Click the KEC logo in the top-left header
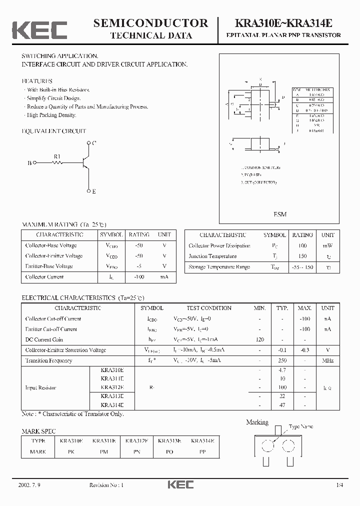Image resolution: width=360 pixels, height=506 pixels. coord(39,29)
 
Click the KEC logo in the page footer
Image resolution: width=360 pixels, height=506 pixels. coord(180,484)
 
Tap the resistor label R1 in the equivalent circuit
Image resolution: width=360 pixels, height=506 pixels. coord(57,156)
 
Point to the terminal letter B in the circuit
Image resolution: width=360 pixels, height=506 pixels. coord(29,163)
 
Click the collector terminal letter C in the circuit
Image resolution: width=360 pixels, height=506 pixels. coord(94,143)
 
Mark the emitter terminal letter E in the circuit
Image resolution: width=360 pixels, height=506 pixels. coord(94,191)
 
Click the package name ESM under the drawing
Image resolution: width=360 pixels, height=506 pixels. coord(280,214)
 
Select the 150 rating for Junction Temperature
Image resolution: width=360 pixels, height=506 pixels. coord(302,256)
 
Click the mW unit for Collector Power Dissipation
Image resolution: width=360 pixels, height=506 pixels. coord(328,246)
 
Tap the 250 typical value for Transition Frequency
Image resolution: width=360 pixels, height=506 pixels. coord(282,360)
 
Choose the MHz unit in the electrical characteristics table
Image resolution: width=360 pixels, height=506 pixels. coord(328,360)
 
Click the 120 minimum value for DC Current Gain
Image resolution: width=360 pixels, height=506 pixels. coord(259,339)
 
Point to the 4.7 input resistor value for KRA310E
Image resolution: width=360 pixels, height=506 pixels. coord(282,370)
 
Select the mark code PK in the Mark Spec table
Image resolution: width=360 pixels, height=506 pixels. coord(71,451)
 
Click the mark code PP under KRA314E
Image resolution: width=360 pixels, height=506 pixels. coord(202,451)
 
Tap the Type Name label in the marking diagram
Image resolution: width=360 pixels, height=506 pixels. coord(300,426)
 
